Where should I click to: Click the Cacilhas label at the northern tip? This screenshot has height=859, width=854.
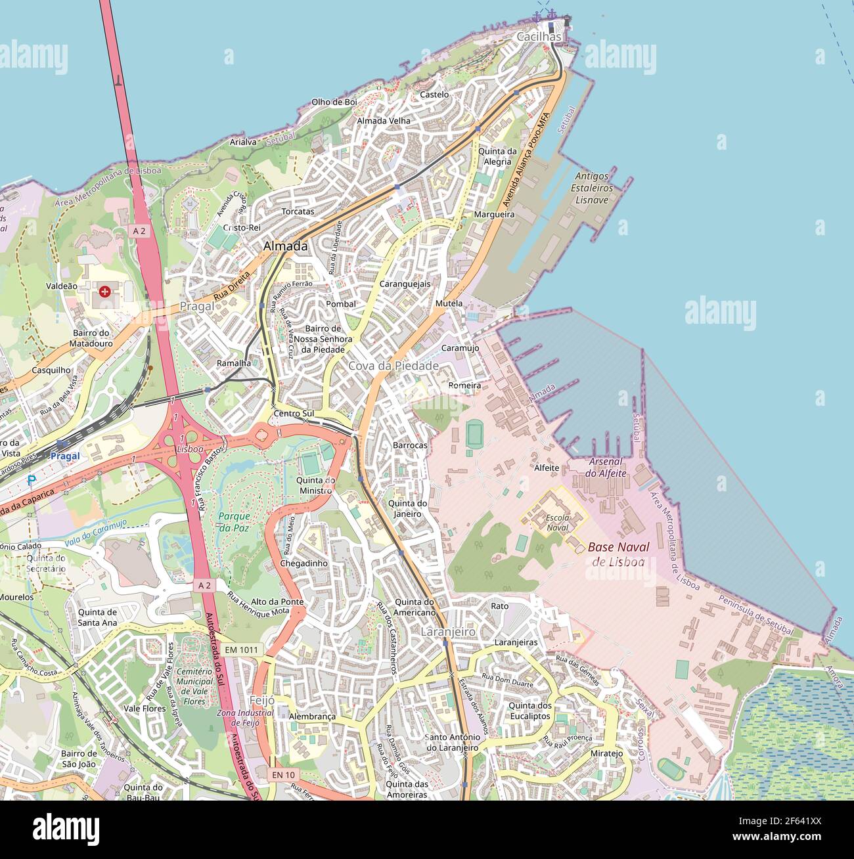click(539, 37)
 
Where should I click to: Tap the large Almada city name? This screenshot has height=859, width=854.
click(285, 246)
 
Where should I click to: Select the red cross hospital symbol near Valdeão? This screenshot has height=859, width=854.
click(105, 290)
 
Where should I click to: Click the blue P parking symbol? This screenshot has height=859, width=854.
click(32, 481)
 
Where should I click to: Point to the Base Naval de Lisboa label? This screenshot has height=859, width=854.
click(618, 554)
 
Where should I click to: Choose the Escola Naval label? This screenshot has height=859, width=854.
click(558, 522)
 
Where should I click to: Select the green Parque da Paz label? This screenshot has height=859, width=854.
click(235, 521)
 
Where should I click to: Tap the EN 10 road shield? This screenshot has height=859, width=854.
click(284, 775)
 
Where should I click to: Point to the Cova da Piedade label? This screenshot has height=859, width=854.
click(393, 366)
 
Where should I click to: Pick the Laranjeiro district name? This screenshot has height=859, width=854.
click(448, 631)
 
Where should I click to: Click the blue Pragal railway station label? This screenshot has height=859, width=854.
click(65, 456)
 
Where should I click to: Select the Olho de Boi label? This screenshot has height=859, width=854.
click(334, 102)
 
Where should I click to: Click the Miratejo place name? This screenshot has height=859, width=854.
click(606, 753)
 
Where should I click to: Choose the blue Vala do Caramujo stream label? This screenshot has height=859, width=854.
click(95, 532)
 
